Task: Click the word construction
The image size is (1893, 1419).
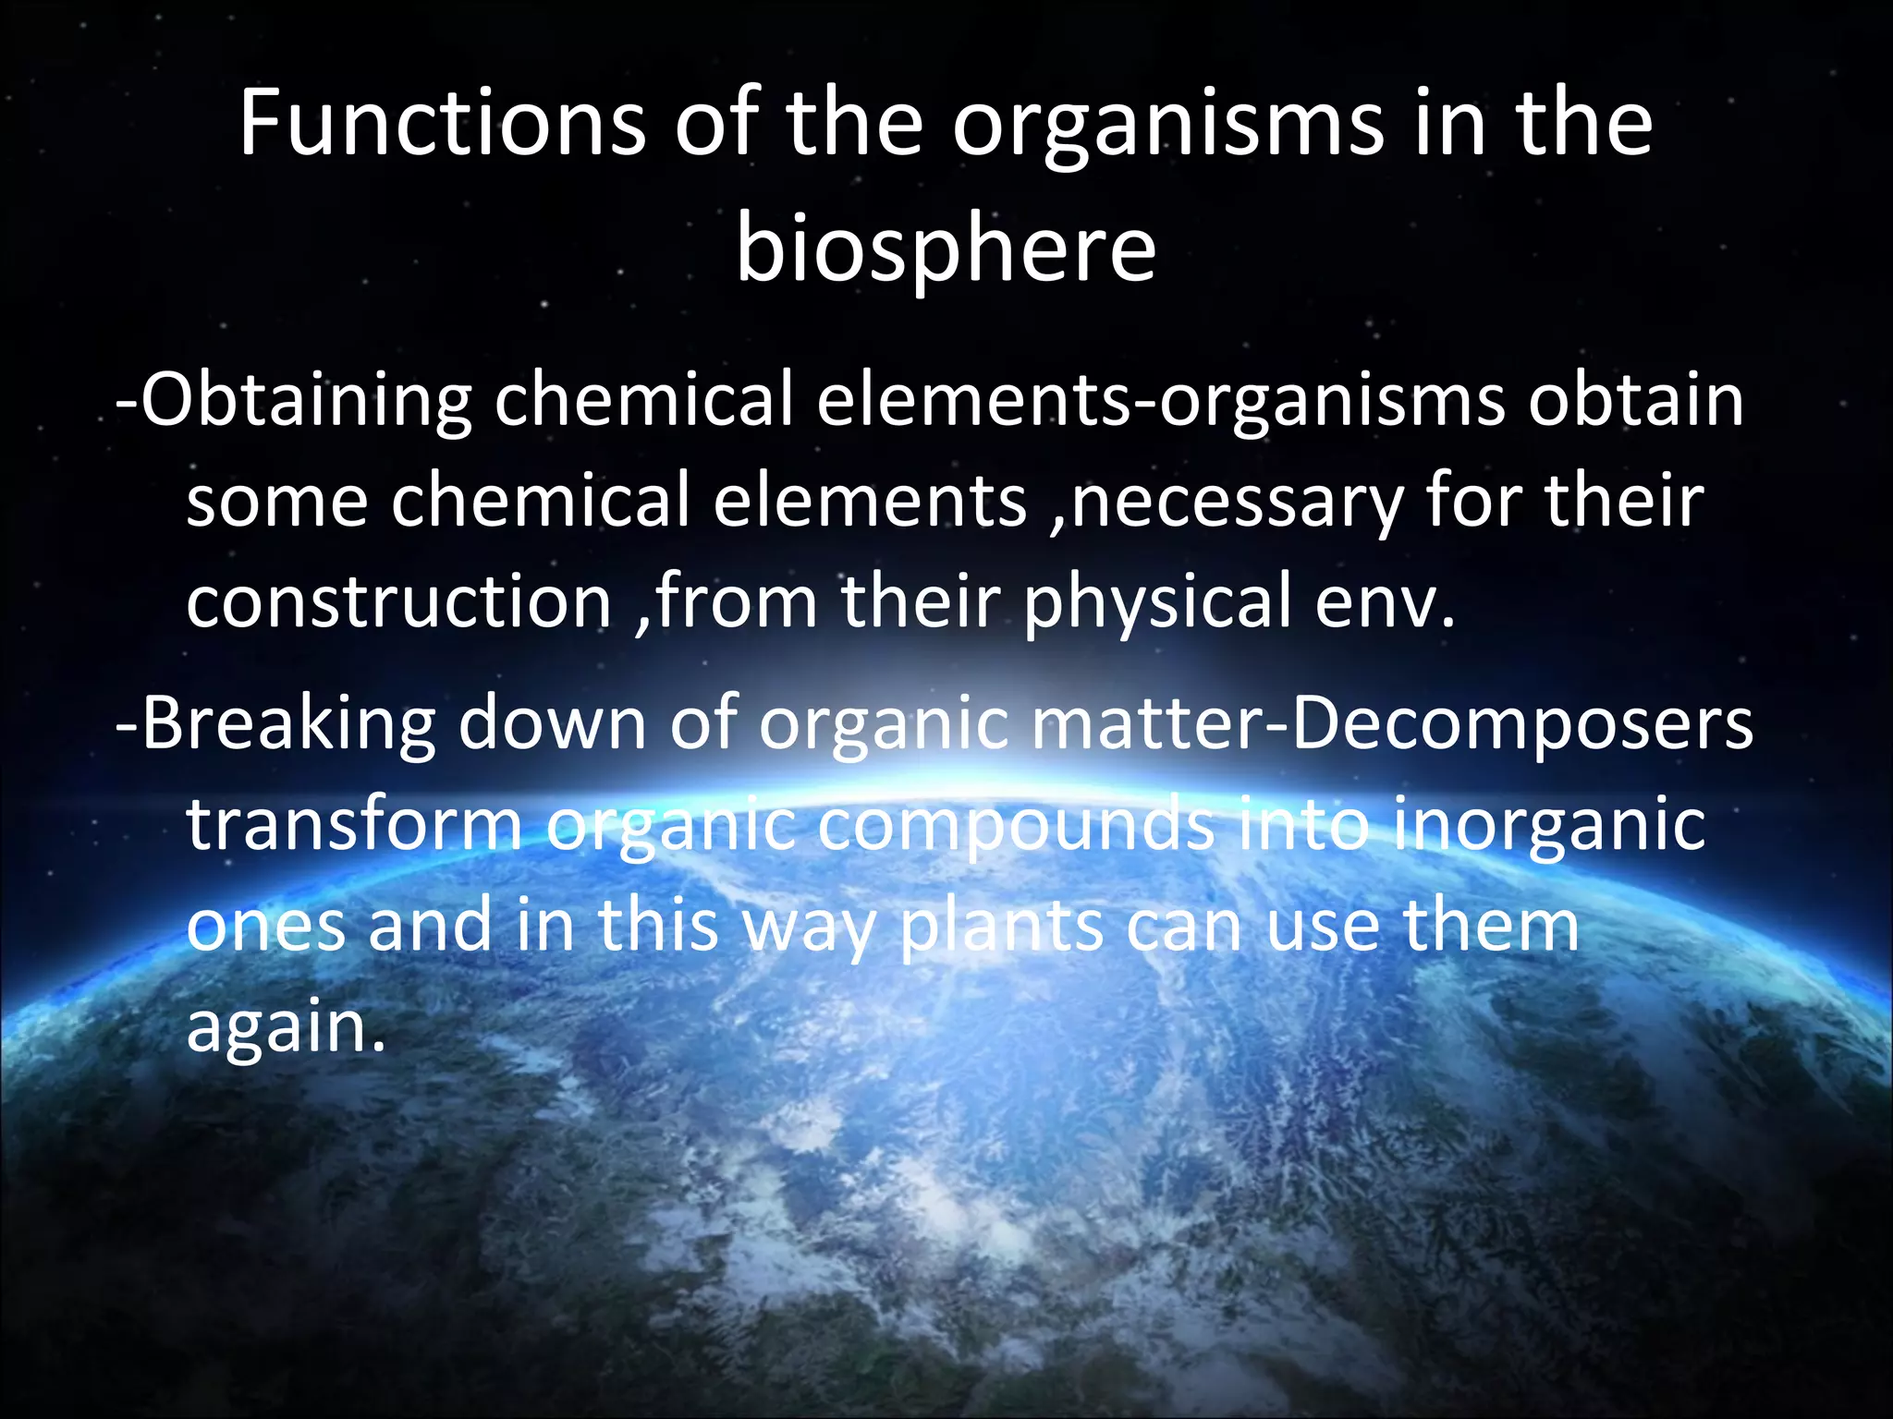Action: pyautogui.click(x=398, y=601)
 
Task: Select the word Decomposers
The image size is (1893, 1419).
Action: pyautogui.click(x=1521, y=725)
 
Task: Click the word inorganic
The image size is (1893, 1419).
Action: pyautogui.click(x=1548, y=826)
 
